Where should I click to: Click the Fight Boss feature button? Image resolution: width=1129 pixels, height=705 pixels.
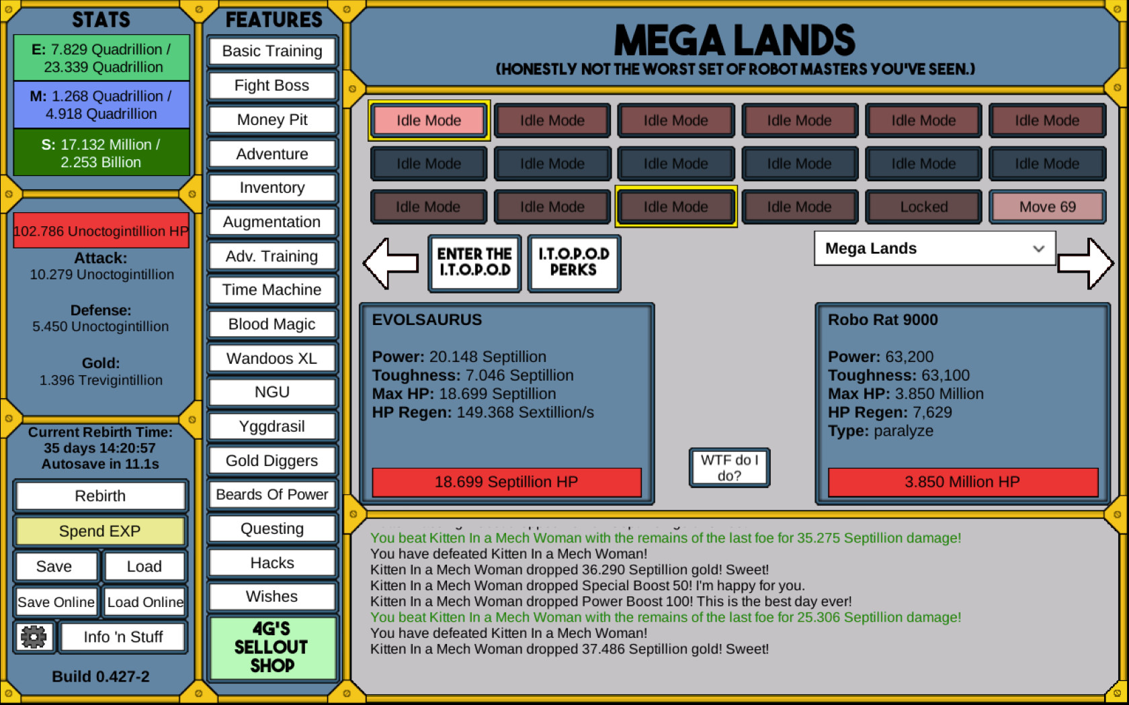click(x=271, y=86)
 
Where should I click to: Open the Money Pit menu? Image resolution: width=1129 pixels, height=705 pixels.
click(x=271, y=120)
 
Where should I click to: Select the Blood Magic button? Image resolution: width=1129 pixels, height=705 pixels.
click(x=271, y=324)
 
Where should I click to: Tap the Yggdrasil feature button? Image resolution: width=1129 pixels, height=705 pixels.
click(x=271, y=426)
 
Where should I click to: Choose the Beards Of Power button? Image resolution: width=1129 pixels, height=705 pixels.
click(x=271, y=494)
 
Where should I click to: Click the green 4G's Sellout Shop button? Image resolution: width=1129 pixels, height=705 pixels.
click(x=271, y=647)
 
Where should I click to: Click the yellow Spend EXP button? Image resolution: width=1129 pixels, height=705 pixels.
click(x=99, y=530)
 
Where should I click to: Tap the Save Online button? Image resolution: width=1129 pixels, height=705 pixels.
click(x=55, y=602)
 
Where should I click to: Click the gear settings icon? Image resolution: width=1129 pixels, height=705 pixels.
click(x=34, y=637)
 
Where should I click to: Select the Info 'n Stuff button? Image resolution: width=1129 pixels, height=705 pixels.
click(x=123, y=637)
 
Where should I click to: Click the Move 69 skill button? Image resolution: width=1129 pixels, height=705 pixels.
click(x=1047, y=207)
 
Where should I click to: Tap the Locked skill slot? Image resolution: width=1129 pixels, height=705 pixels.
click(x=923, y=207)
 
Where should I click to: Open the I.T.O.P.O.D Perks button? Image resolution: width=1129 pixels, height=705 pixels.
click(x=574, y=263)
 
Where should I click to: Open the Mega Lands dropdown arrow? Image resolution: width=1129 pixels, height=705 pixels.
click(x=1038, y=248)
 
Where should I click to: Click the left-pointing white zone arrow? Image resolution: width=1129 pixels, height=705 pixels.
click(x=390, y=263)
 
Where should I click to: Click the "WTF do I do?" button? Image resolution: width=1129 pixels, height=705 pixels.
click(x=729, y=468)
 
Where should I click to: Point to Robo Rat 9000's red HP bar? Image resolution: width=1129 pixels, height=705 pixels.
click(x=962, y=482)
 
